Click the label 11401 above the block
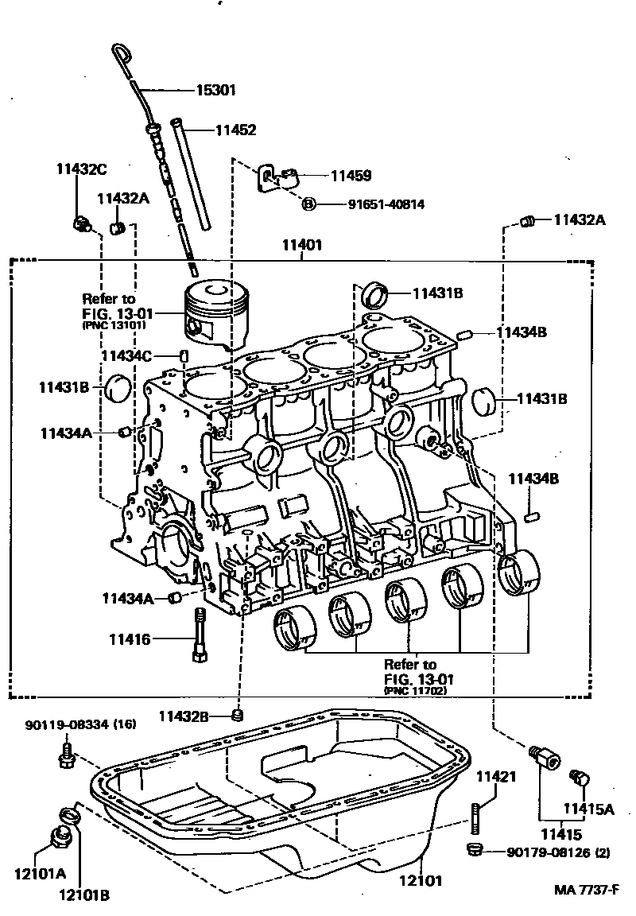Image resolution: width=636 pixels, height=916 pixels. pyautogui.click(x=302, y=246)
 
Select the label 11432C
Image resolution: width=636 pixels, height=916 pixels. pyautogui.click(x=81, y=169)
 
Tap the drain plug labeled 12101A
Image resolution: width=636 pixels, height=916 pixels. pyautogui.click(x=59, y=838)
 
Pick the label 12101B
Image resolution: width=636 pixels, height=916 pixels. pyautogui.click(x=83, y=895)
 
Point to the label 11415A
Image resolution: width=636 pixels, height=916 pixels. pyautogui.click(x=589, y=808)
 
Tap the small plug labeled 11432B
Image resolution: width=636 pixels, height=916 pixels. pyautogui.click(x=236, y=715)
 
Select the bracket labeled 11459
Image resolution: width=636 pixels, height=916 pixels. pyautogui.click(x=274, y=179)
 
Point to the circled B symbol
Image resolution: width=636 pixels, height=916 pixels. pyautogui.click(x=309, y=204)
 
